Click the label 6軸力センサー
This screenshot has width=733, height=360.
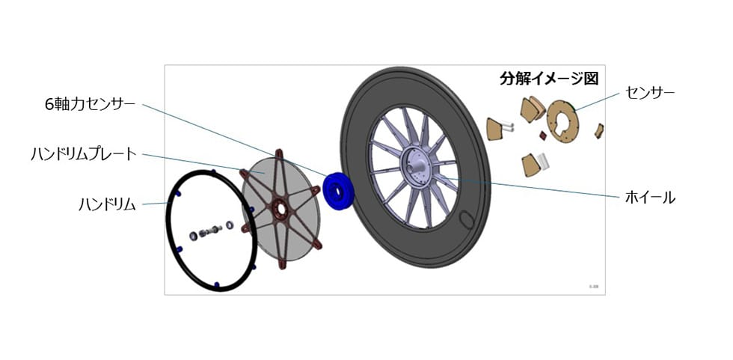[90, 104]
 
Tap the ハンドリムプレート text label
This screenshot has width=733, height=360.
[83, 154]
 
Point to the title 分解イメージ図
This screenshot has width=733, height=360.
[549, 79]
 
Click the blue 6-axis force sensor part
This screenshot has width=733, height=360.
[338, 191]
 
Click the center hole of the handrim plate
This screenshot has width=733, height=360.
[280, 209]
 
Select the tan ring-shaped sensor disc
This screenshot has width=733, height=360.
[562, 121]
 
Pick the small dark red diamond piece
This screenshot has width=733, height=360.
[543, 135]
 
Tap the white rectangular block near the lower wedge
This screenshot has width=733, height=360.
[542, 160]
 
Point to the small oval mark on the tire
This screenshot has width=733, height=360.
[465, 219]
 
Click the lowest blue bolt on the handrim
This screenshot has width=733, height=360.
[216, 284]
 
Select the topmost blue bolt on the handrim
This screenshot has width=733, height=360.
[214, 171]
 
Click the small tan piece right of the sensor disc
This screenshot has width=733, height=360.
[599, 131]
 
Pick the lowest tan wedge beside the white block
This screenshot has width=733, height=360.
[530, 165]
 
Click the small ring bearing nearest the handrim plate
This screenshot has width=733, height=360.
[230, 225]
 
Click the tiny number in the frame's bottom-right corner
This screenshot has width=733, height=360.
[594, 286]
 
